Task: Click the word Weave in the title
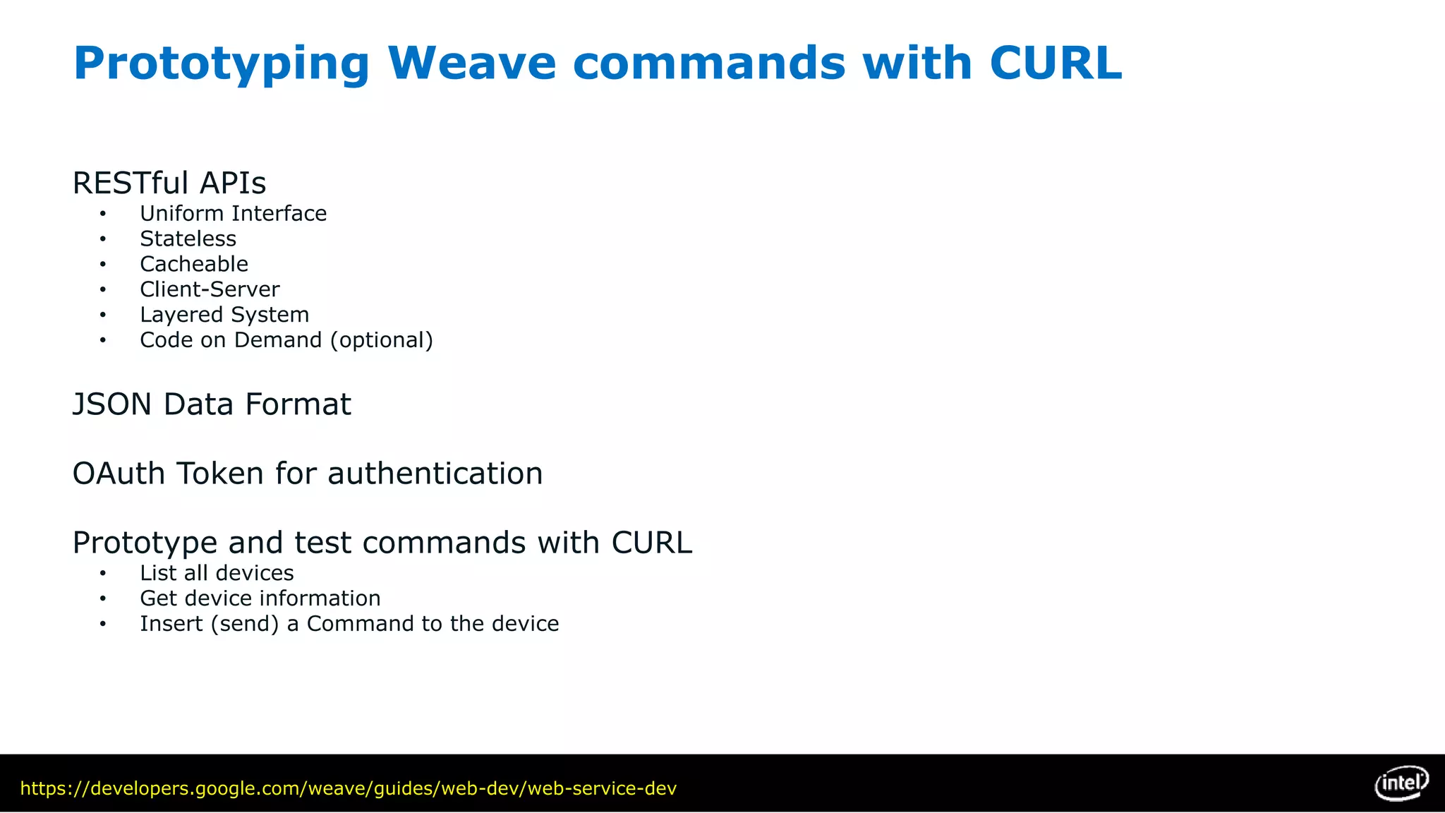pyautogui.click(x=471, y=64)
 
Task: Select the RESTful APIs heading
pyautogui.click(x=169, y=183)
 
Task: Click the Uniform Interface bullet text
pyautogui.click(x=233, y=214)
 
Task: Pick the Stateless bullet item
pyautogui.click(x=188, y=239)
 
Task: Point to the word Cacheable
pyautogui.click(x=194, y=265)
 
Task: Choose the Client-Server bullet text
pyautogui.click(x=210, y=290)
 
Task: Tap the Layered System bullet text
pyautogui.click(x=224, y=315)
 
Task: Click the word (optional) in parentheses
pyautogui.click(x=381, y=341)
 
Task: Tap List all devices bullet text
pyautogui.click(x=217, y=574)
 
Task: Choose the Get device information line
pyautogui.click(x=260, y=599)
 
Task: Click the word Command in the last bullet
pyautogui.click(x=360, y=625)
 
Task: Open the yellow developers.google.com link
pyautogui.click(x=348, y=789)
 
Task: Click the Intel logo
pyautogui.click(x=1401, y=783)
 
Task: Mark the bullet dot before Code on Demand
pyautogui.click(x=103, y=341)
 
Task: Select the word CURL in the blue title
pyautogui.click(x=1056, y=64)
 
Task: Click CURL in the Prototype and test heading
pyautogui.click(x=651, y=543)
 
